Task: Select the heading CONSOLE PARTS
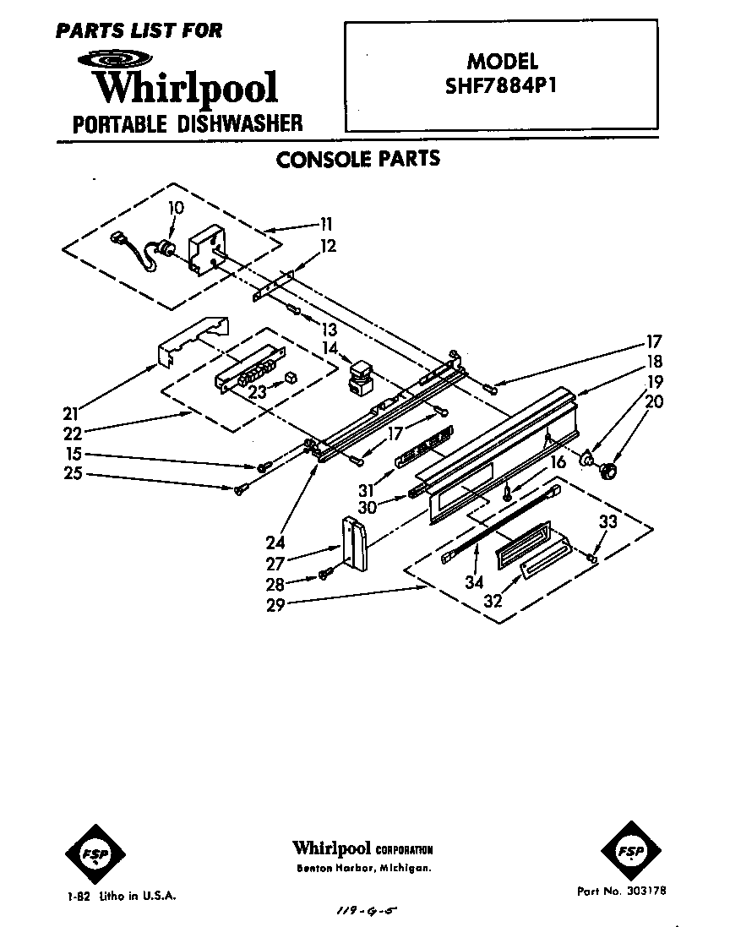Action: pos(358,159)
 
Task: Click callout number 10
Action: pos(176,208)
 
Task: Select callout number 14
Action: pos(330,347)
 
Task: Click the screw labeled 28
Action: pos(326,576)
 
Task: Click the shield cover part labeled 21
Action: pos(193,340)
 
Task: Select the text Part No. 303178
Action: pos(621,891)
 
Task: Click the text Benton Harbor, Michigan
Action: pos(363,869)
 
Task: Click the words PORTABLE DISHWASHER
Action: pos(188,123)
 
